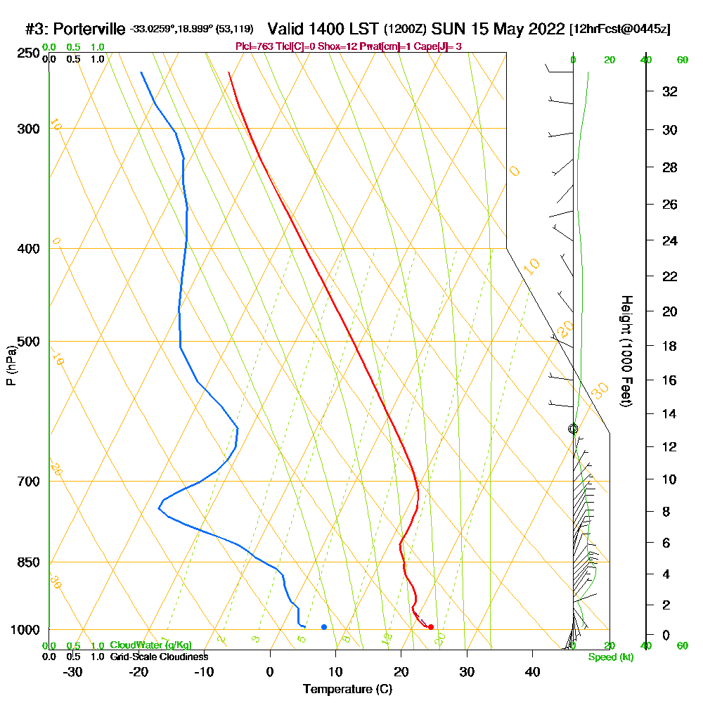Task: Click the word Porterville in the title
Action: (89, 30)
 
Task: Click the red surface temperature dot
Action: (431, 627)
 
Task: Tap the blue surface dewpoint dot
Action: (324, 626)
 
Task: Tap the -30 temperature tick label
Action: (73, 671)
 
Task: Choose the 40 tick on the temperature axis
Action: (533, 671)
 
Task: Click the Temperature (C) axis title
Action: (347, 689)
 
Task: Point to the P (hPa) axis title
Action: (11, 366)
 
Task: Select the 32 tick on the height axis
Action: (670, 91)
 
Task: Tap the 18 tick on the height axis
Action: (670, 346)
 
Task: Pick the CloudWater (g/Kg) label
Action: (150, 645)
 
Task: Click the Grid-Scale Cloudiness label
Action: (159, 657)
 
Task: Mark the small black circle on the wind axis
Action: (573, 429)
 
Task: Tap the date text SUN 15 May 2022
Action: (498, 30)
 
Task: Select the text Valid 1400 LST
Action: (324, 30)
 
